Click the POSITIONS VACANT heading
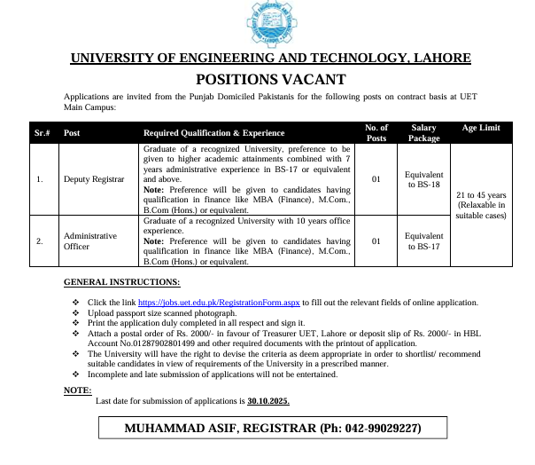(x=269, y=79)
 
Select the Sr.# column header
(x=41, y=132)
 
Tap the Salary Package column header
(x=423, y=132)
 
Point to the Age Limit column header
(x=481, y=128)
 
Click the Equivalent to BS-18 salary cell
(x=423, y=179)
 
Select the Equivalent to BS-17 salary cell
(x=423, y=241)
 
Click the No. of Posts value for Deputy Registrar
(x=376, y=179)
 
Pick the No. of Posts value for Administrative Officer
(x=376, y=241)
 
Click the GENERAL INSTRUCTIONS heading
(x=121, y=282)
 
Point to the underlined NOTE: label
(x=78, y=390)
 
